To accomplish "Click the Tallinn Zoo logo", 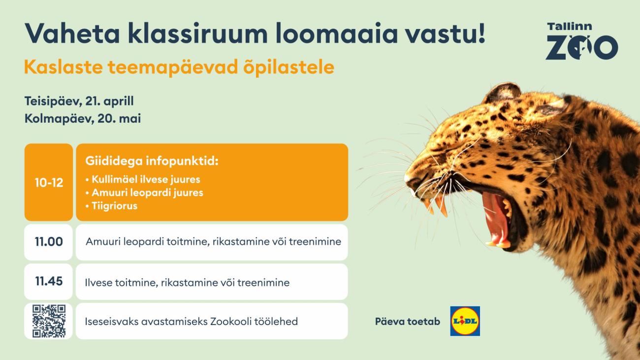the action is tap(582, 41).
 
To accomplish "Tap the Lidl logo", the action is tap(465, 321).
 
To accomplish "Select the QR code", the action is tap(49, 321).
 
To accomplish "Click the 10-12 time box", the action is tap(49, 182).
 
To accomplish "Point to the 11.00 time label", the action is tap(49, 242).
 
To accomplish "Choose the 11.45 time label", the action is tap(49, 281).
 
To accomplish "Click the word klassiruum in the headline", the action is tap(198, 33).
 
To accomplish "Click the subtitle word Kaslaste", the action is tap(64, 67).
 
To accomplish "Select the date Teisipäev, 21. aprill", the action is tap(79, 101).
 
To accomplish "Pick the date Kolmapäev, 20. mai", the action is tap(83, 118).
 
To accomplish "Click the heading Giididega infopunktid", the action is tap(152, 161).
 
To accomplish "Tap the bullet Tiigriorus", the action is tap(111, 206).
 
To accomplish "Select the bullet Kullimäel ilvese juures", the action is tap(143, 179).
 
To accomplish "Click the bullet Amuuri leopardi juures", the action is tap(144, 193).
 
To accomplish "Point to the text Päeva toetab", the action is tap(408, 322).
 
